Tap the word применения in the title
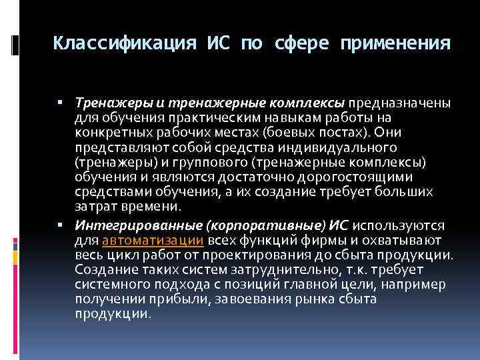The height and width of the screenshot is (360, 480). point(394,43)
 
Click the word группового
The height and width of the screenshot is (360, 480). point(201,162)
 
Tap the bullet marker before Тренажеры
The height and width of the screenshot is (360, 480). point(60,104)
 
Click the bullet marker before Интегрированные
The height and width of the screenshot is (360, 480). point(60,227)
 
